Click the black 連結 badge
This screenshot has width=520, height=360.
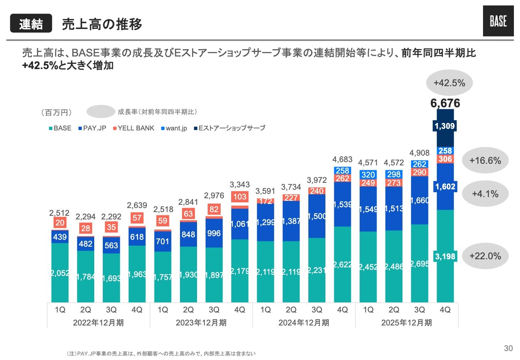(x=31, y=24)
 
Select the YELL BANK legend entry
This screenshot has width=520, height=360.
(x=134, y=128)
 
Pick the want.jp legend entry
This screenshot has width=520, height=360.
(x=174, y=128)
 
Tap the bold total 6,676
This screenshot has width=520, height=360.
(x=445, y=103)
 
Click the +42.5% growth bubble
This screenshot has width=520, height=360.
(x=449, y=83)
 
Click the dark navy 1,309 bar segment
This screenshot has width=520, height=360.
(x=445, y=126)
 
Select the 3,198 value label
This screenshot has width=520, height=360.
(x=445, y=256)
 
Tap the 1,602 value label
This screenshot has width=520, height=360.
(x=445, y=187)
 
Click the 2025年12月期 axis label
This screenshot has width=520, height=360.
(x=407, y=323)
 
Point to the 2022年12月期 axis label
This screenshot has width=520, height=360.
(x=99, y=323)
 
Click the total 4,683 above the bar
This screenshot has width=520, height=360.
(x=342, y=158)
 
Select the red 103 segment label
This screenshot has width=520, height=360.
(x=240, y=197)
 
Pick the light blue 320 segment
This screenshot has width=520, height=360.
(x=368, y=175)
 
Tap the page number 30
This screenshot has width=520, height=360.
(x=508, y=348)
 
